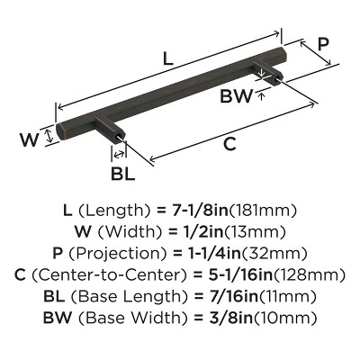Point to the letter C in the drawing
click(x=230, y=142)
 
